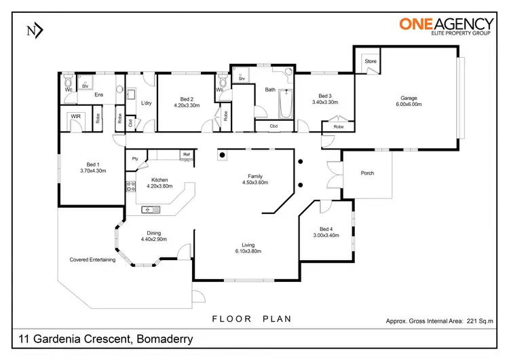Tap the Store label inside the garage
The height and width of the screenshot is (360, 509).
pyautogui.click(x=370, y=62)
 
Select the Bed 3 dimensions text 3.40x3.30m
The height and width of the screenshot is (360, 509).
pyautogui.click(x=325, y=103)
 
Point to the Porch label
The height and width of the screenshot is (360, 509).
pyautogui.click(x=366, y=173)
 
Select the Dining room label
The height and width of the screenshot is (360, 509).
pyautogui.click(x=153, y=232)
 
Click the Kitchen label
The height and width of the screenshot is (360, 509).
pyautogui.click(x=157, y=180)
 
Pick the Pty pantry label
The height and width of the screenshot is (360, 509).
pyautogui.click(x=136, y=159)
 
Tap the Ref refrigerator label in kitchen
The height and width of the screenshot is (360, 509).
pyautogui.click(x=185, y=155)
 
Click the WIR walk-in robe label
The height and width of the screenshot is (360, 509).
pyautogui.click(x=76, y=117)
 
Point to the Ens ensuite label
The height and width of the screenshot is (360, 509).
pyautogui.click(x=98, y=94)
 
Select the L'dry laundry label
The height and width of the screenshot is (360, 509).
pyautogui.click(x=145, y=103)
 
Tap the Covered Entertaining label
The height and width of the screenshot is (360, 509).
pyautogui.click(x=93, y=259)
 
